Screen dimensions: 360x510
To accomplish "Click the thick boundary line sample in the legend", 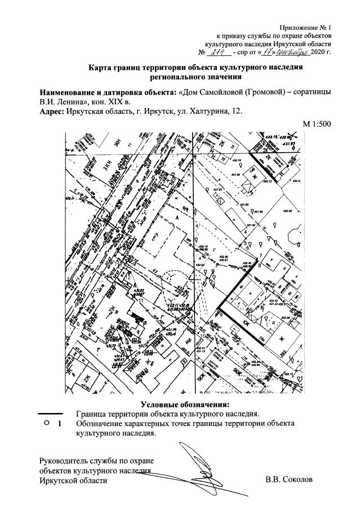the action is point(54,414).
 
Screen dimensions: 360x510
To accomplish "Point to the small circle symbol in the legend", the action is point(46,423).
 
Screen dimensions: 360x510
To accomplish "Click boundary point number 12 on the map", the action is point(129,277).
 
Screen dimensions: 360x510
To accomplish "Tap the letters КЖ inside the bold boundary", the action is point(246,323).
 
